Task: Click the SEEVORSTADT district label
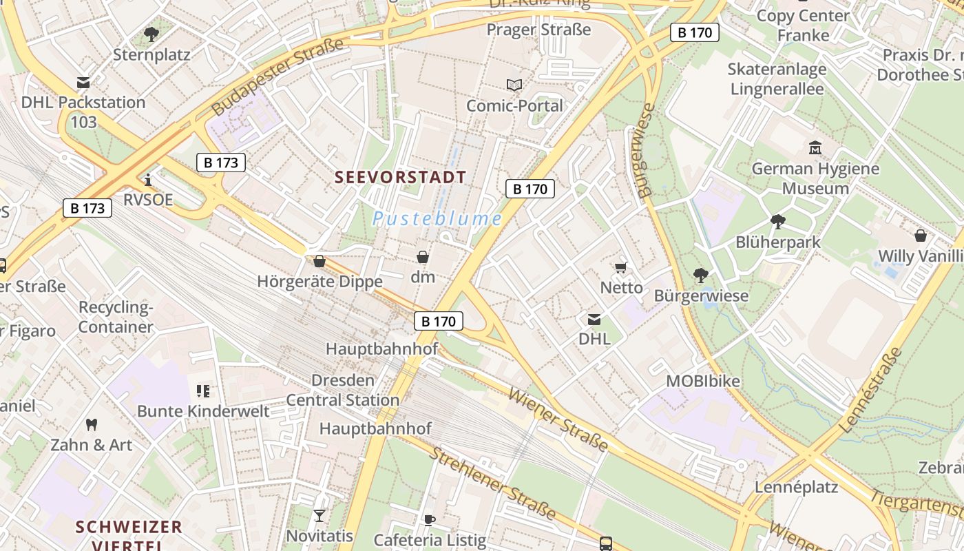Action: pos(400,177)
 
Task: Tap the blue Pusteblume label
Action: pos(437,219)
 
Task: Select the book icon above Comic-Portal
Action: pos(514,85)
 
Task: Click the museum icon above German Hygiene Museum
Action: pos(815,147)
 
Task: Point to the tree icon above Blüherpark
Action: pos(778,222)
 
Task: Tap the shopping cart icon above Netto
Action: pos(621,267)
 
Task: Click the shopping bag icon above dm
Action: pos(423,258)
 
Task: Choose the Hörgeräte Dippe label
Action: pos(319,282)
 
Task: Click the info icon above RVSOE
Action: pos(148,180)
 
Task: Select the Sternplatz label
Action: pos(151,54)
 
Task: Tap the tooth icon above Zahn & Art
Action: pos(91,424)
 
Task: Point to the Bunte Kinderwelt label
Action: pos(203,411)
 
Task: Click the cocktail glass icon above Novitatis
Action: pos(319,515)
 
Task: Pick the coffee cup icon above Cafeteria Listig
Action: pos(430,520)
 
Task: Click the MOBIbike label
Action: pos(703,381)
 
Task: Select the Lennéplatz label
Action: pos(797,487)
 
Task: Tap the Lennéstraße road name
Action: pos(871,390)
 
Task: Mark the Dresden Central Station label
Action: pos(343,390)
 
